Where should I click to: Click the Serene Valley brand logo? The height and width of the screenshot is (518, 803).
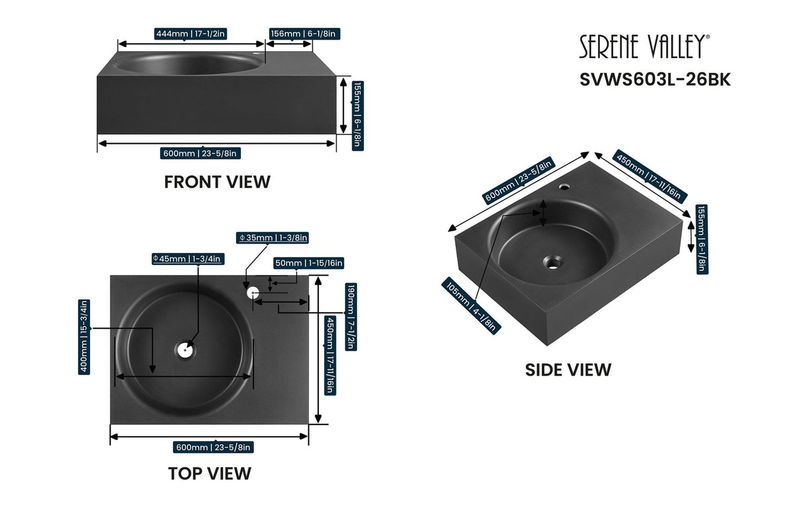tap(644, 46)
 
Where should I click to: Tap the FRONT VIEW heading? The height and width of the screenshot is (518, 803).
tap(217, 181)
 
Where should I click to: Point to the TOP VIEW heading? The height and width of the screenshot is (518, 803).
tap(209, 474)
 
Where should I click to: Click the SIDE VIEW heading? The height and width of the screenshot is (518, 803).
tap(568, 370)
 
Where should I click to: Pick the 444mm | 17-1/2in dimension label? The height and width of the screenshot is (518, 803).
tap(190, 34)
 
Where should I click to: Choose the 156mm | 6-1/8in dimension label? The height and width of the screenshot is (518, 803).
tap(305, 34)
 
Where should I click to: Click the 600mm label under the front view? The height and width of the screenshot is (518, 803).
tap(200, 154)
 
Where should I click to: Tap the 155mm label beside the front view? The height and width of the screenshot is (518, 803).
tap(357, 115)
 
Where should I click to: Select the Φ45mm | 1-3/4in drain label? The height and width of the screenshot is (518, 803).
tap(187, 258)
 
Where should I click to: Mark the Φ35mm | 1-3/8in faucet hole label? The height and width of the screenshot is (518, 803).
tap(273, 237)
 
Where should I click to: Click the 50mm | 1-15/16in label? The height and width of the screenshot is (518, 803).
tap(309, 263)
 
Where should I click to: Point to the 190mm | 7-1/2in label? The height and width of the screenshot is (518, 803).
tap(351, 317)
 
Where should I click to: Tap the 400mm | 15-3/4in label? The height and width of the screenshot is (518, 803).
tap(84, 337)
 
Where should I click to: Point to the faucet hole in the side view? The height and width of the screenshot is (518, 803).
tap(564, 187)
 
